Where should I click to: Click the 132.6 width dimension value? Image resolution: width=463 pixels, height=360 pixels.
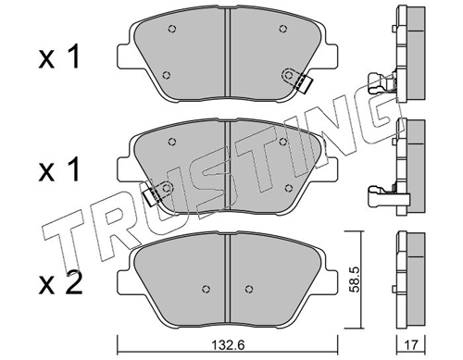pos(229,344)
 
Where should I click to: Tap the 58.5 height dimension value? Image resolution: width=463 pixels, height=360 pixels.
pos(356,279)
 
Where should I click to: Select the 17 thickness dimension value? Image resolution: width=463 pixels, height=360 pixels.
pos(410,344)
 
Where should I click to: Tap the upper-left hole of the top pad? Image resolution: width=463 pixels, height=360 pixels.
pos(172,29)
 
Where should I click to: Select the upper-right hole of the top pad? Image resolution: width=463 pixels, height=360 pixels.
pos(283,29)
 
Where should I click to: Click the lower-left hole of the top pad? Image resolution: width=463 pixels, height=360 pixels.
pos(167,75)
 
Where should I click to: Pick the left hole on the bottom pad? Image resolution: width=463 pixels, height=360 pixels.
pos(206,289)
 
